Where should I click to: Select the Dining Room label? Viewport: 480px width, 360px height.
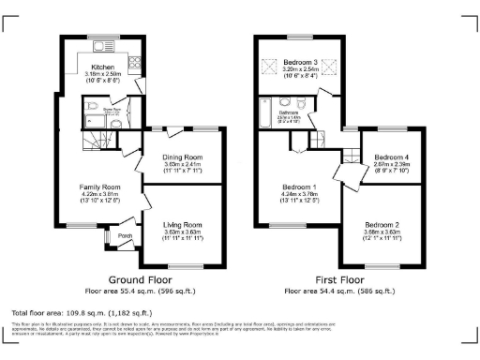(x=182, y=157)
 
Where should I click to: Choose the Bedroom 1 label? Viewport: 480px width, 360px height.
(x=299, y=187)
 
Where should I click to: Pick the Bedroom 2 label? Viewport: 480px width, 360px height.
(x=382, y=225)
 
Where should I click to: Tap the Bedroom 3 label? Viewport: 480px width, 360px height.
(x=300, y=62)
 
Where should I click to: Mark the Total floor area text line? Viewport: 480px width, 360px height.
(x=81, y=310)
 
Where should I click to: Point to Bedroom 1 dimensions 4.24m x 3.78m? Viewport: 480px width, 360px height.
(x=299, y=195)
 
